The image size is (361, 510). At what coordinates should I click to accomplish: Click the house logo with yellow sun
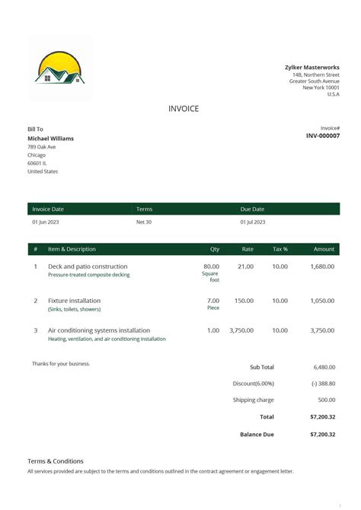click(x=60, y=69)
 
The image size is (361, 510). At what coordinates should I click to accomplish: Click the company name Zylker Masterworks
click(x=312, y=67)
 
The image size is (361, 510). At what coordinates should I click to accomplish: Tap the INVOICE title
click(x=184, y=109)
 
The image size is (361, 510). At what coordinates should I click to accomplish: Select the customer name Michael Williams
click(x=51, y=139)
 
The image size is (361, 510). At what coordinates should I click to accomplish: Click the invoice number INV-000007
click(x=323, y=135)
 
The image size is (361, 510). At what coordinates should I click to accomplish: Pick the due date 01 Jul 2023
click(x=253, y=222)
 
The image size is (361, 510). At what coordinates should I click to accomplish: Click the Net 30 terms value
click(x=144, y=222)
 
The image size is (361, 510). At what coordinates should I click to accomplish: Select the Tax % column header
click(x=280, y=249)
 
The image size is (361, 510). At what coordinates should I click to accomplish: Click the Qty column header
click(x=215, y=249)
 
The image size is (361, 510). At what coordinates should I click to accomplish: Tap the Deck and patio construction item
click(x=88, y=266)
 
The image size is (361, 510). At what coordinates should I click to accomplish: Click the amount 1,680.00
click(x=322, y=266)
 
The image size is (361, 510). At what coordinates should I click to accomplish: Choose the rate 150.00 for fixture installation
click(x=244, y=301)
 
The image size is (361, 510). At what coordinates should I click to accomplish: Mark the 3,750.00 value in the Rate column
click(x=241, y=330)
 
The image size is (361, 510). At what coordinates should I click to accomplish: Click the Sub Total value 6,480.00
click(x=324, y=367)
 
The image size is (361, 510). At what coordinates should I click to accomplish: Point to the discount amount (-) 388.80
click(x=323, y=384)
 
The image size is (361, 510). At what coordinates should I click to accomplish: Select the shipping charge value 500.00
click(x=326, y=400)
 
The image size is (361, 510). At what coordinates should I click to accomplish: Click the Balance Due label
click(x=257, y=434)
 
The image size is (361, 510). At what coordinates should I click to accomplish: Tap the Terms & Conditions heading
click(x=56, y=461)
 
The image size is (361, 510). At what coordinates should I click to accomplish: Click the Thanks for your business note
click(x=61, y=364)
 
